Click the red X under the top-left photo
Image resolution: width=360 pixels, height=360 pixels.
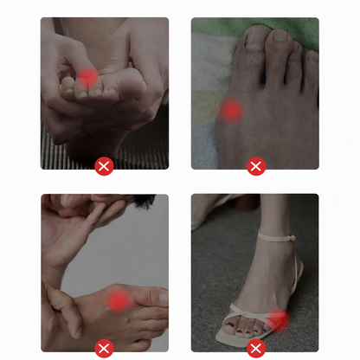pos(105,166)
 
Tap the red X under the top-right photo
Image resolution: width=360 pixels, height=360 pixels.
pos(255,166)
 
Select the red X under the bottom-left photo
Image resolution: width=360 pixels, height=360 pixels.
pos(105,349)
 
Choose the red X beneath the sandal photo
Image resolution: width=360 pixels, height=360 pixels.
pos(255,349)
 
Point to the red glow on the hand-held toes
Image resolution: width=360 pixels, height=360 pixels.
pos(87,79)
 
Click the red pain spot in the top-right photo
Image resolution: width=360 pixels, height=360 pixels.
pos(231,110)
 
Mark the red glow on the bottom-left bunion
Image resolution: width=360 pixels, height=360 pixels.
pos(118,300)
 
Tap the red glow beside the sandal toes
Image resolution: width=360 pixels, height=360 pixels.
pos(279,319)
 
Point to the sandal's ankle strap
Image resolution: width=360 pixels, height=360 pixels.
pos(273,235)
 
